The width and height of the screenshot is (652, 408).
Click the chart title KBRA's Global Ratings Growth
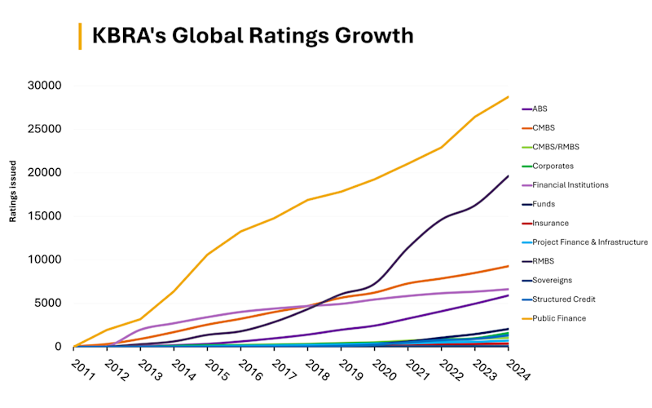point(253,36)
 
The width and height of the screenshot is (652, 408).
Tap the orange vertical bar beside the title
point(79,36)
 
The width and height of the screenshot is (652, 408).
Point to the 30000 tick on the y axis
point(46,86)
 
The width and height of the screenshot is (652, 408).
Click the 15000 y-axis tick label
point(46,216)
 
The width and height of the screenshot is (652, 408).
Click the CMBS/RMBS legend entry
point(557,147)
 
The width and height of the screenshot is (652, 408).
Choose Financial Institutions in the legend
point(570,184)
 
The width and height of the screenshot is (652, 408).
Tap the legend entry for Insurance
point(550,223)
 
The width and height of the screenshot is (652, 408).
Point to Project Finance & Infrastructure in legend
point(590,242)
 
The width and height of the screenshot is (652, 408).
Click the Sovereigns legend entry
point(553,280)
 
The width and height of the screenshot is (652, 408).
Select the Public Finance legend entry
point(560,318)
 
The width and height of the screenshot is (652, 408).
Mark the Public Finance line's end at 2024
point(509,97)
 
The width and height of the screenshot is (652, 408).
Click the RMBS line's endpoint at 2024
point(509,176)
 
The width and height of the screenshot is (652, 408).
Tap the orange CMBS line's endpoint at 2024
point(509,266)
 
